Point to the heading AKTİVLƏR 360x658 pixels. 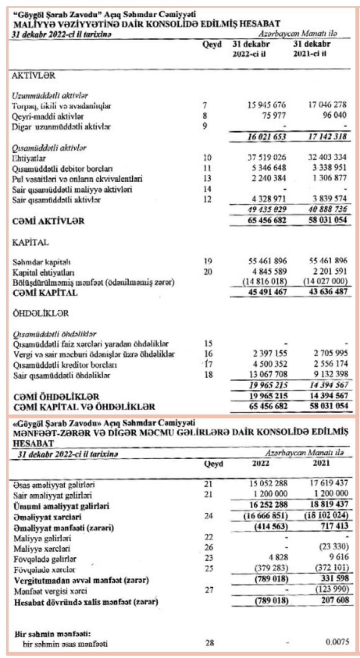point(33,76)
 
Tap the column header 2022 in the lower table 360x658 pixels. point(259,462)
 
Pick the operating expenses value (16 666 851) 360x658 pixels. point(260,516)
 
